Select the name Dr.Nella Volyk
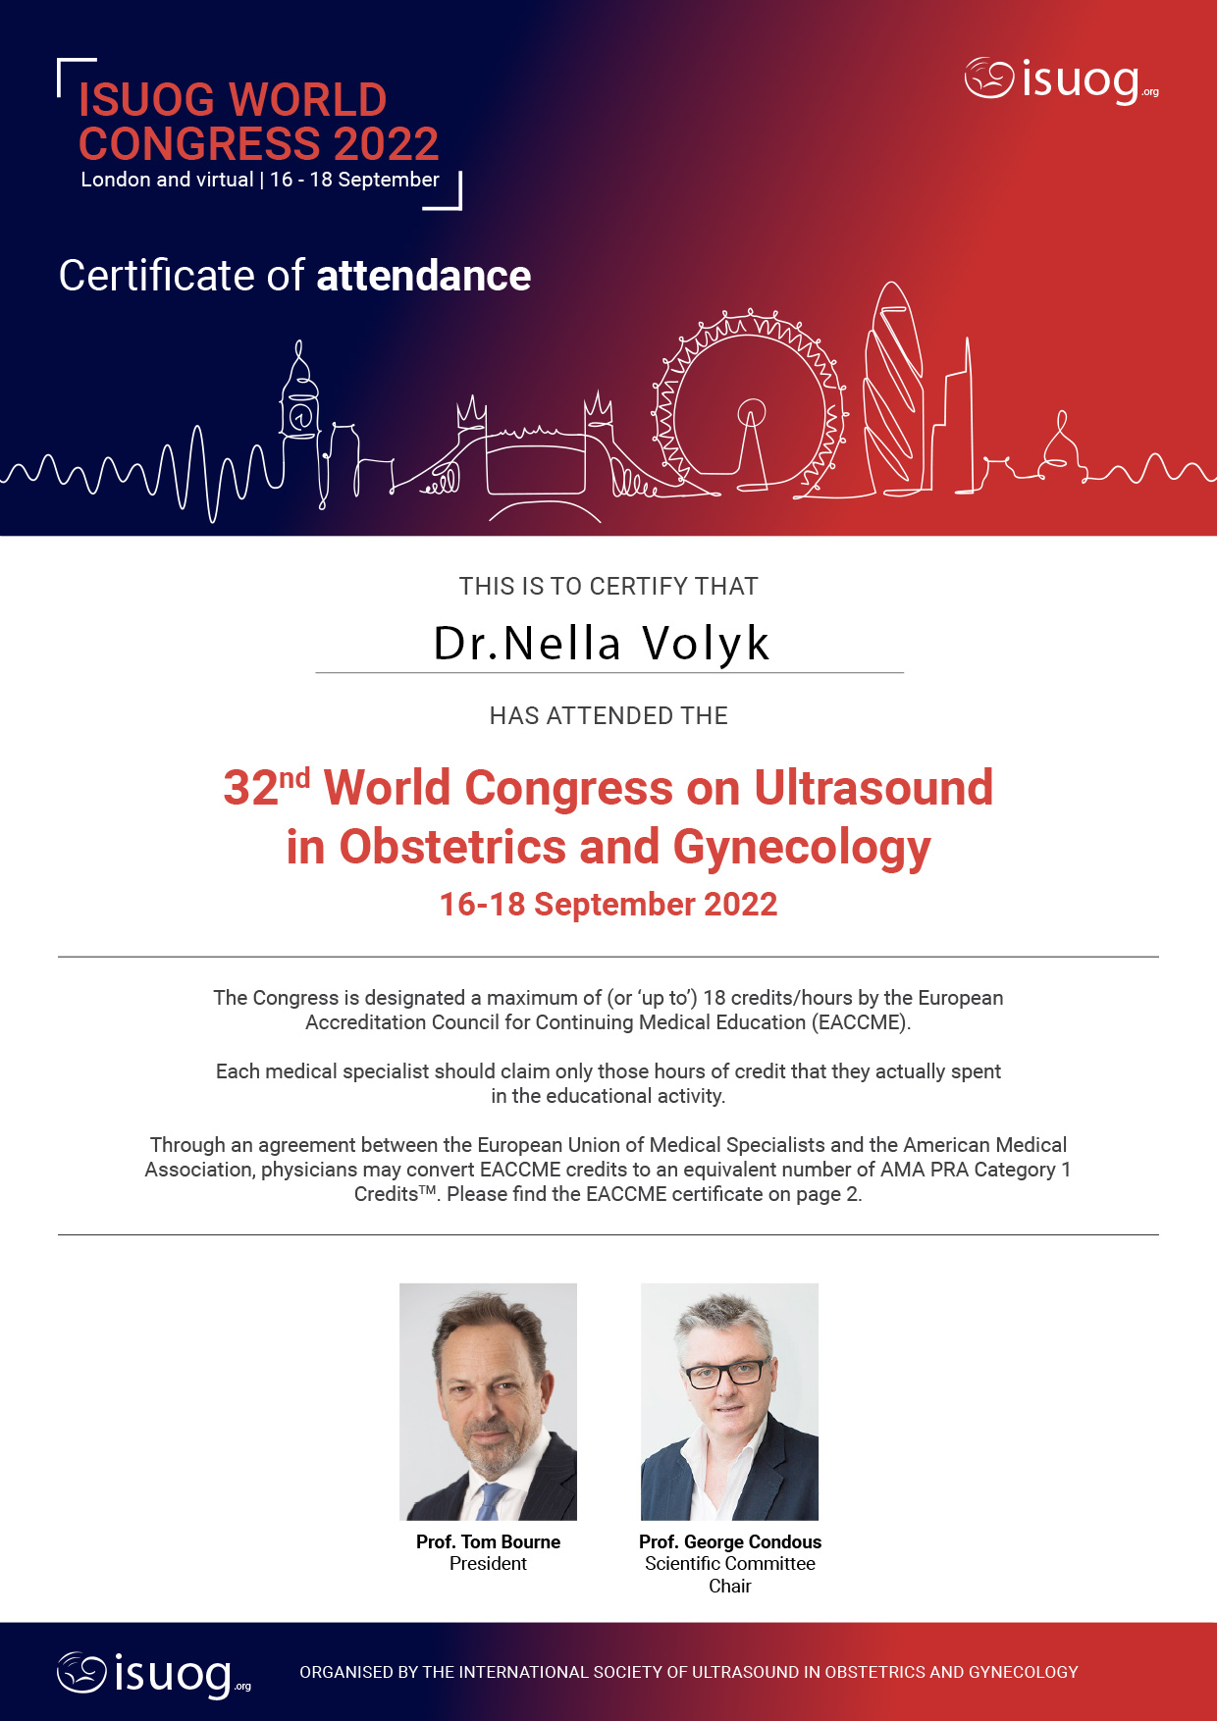point(602,644)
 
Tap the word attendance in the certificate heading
point(423,276)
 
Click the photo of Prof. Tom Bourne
point(488,1401)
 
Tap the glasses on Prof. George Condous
point(725,1374)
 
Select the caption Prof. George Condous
point(729,1541)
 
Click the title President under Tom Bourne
point(488,1563)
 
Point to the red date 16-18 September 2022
point(608,904)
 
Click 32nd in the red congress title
point(265,787)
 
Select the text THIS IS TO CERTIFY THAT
point(608,586)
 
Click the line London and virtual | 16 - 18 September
point(260,180)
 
